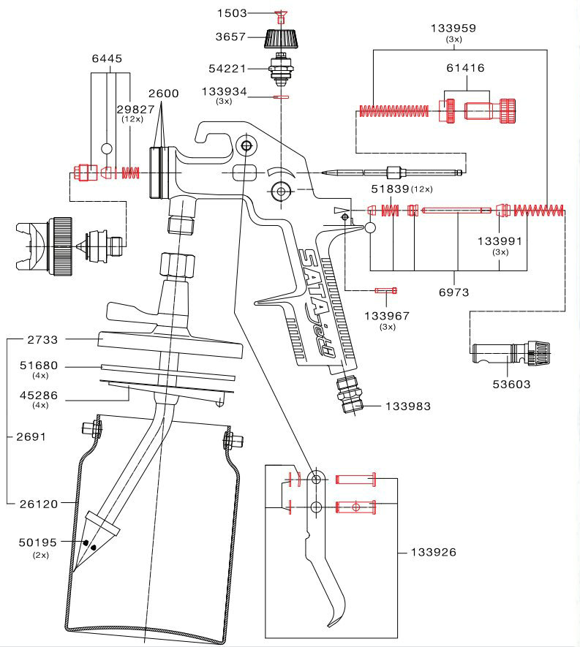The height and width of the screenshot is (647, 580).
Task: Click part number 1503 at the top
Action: pyautogui.click(x=232, y=13)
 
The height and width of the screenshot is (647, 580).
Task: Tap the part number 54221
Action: pyautogui.click(x=227, y=69)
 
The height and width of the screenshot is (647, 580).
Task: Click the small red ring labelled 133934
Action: pyautogui.click(x=281, y=97)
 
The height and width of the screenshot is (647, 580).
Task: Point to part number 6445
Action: pyautogui.click(x=107, y=58)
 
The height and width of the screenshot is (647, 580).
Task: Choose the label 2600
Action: pyautogui.click(x=164, y=94)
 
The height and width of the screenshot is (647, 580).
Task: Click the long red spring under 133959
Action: pyautogui.click(x=393, y=111)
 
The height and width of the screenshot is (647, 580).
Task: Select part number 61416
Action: pyautogui.click(x=465, y=68)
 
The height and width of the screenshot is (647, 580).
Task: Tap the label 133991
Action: pyautogui.click(x=500, y=241)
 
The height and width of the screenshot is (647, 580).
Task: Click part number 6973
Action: pyautogui.click(x=453, y=292)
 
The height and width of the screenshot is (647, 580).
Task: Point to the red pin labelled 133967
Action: pyautogui.click(x=386, y=291)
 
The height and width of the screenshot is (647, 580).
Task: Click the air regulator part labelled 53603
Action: pyautogui.click(x=511, y=354)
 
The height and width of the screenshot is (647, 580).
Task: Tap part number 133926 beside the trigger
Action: pyautogui.click(x=434, y=553)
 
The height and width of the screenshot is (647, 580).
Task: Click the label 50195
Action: pyautogui.click(x=38, y=542)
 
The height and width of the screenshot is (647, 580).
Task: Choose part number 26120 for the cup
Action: pyautogui.click(x=39, y=504)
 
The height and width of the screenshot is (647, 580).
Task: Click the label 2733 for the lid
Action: pyautogui.click(x=42, y=340)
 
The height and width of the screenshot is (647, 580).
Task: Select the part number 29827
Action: pyautogui.click(x=135, y=110)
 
